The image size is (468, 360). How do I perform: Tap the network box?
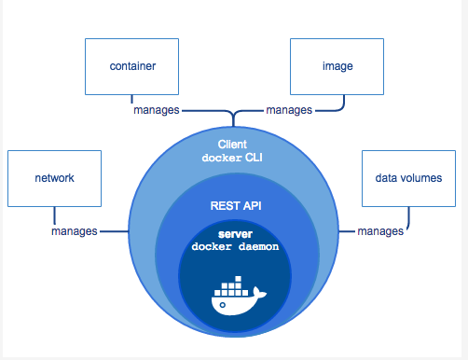click(x=53, y=176)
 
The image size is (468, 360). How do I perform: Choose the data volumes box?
click(x=407, y=176)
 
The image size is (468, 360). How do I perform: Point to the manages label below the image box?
click(x=289, y=110)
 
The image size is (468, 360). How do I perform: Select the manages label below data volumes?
click(x=380, y=230)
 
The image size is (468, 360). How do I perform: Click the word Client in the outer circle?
click(x=233, y=144)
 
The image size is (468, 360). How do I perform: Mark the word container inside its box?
click(x=131, y=67)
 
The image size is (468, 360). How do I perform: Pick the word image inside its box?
click(x=337, y=67)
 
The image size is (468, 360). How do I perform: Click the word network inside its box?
click(x=53, y=177)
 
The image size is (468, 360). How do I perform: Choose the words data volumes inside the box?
click(x=407, y=177)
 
